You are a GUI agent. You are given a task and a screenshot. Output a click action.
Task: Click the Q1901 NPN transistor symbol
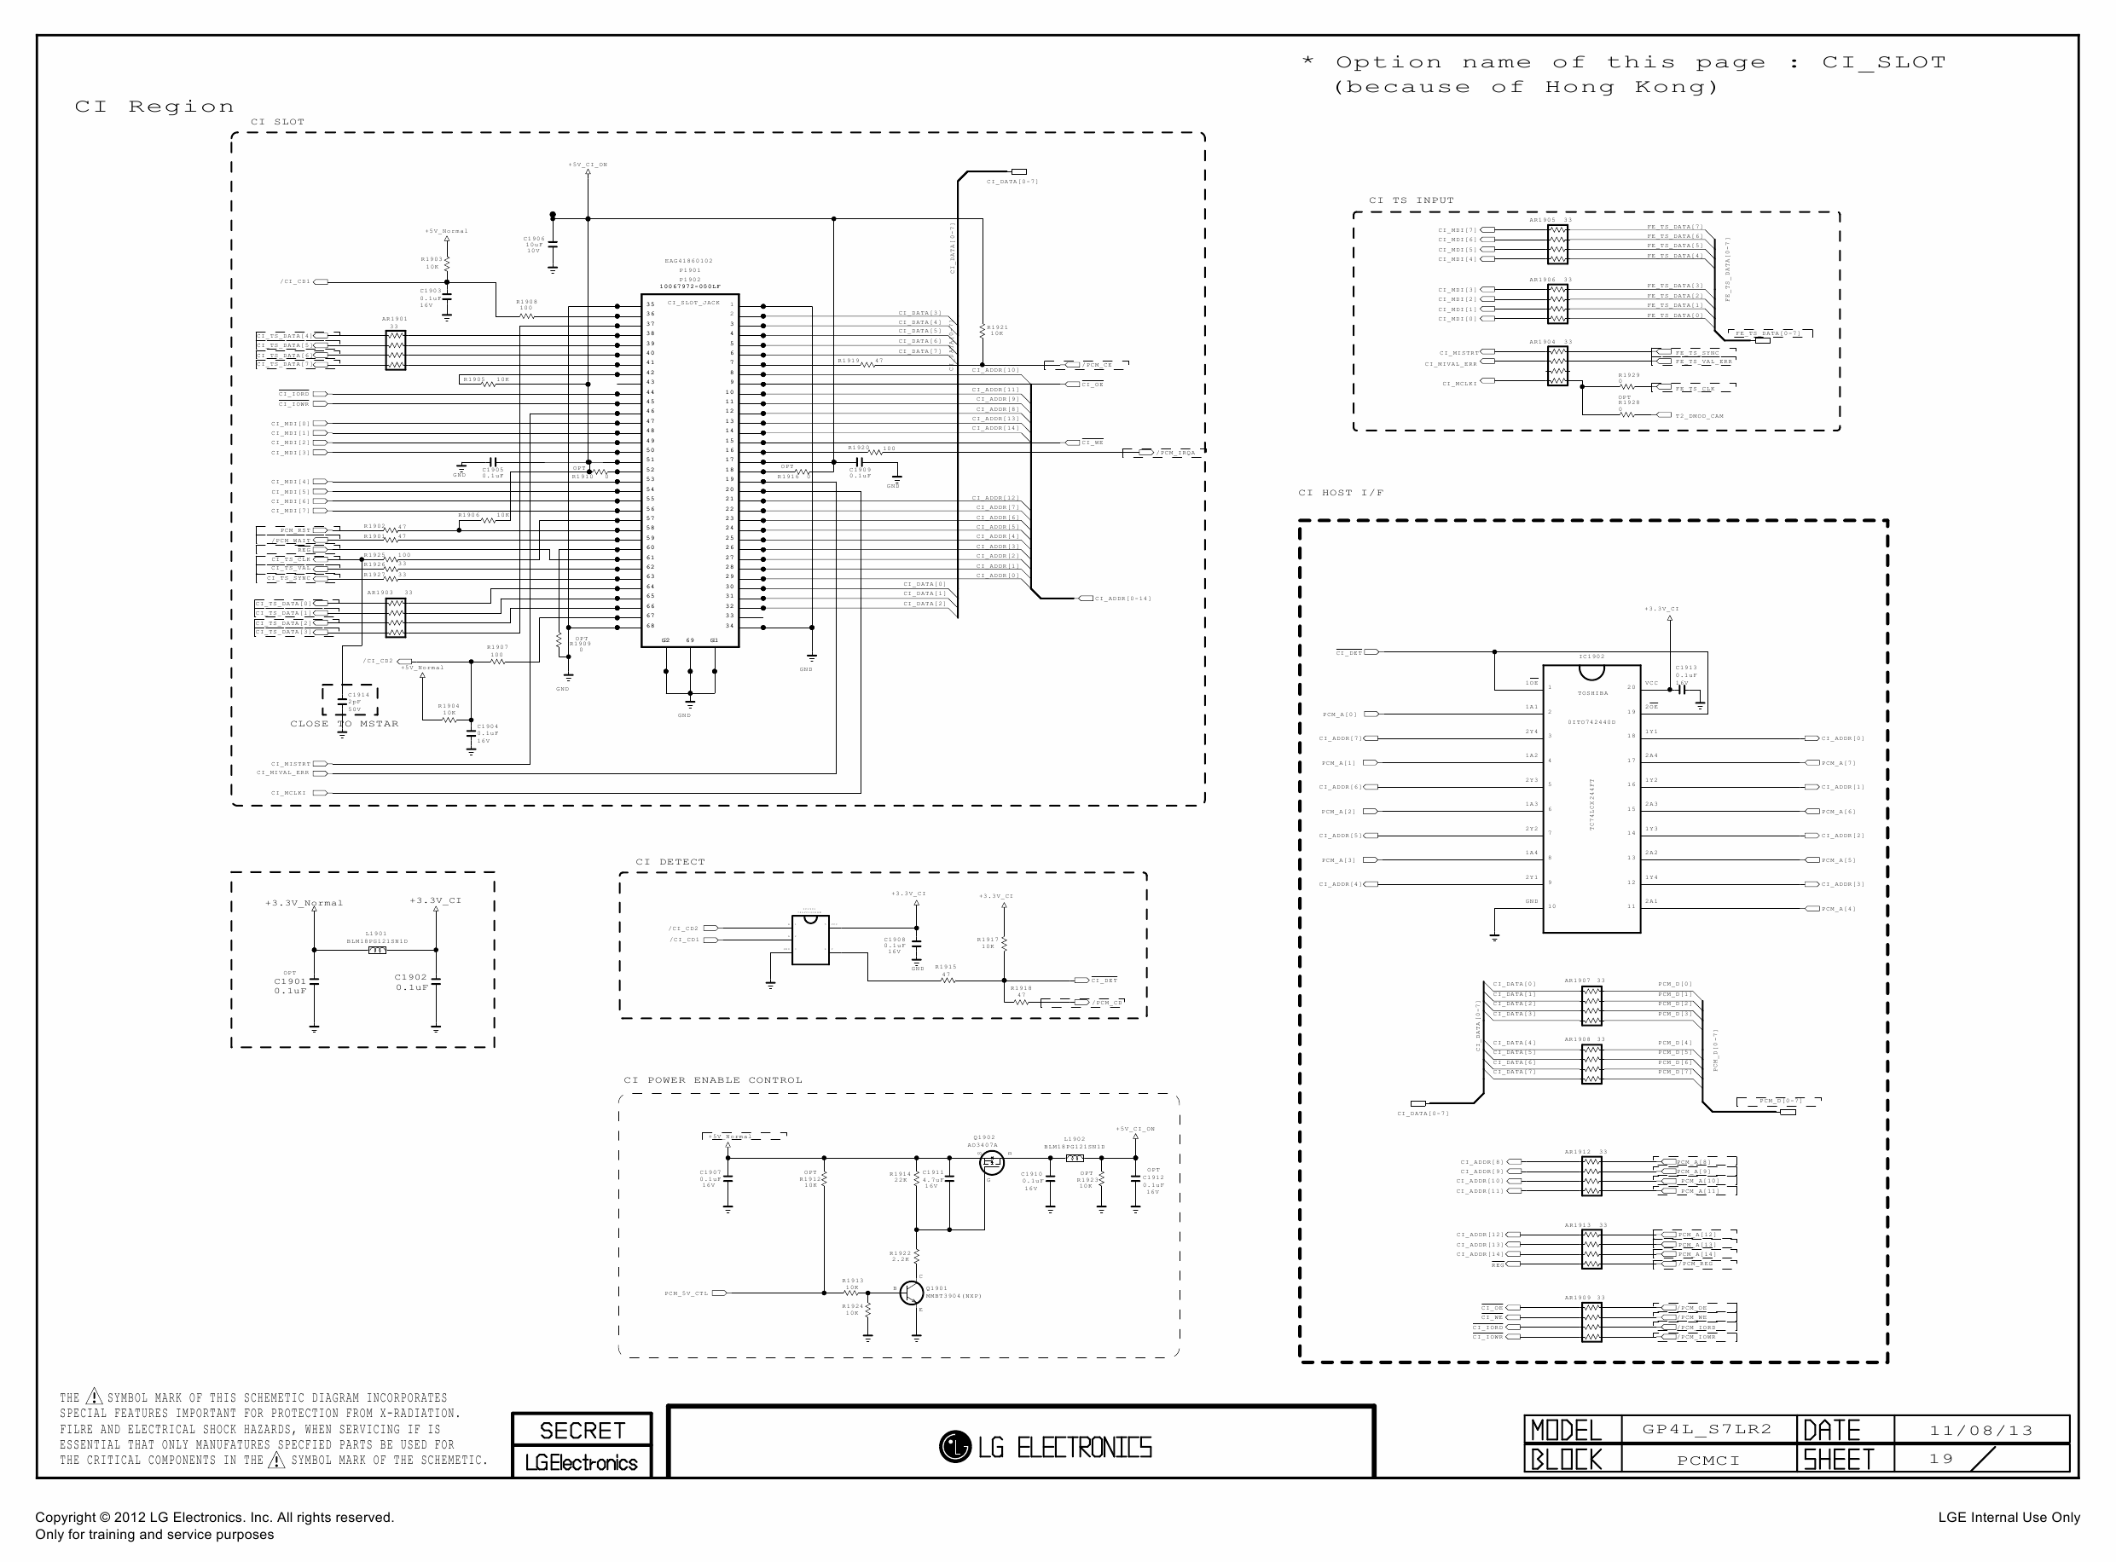[x=911, y=1293]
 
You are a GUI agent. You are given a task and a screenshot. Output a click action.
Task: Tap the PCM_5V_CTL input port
[x=718, y=1293]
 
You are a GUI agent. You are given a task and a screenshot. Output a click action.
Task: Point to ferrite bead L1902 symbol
[x=1075, y=1158]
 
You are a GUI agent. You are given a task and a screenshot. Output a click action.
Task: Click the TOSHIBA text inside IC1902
[x=1592, y=693]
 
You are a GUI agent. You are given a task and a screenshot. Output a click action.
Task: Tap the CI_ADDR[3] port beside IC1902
[x=1812, y=884]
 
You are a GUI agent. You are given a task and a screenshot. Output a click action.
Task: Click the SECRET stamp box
[x=582, y=1430]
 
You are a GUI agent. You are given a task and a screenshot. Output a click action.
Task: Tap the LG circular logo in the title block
[x=954, y=1447]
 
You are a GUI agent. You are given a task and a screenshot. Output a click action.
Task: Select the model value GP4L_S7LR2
[x=1707, y=1429]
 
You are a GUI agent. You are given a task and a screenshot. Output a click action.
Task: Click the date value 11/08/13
[x=1980, y=1431]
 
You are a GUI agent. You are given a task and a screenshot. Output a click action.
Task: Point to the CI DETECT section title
[x=670, y=861]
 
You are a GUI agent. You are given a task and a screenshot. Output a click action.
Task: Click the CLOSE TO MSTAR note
[x=344, y=723]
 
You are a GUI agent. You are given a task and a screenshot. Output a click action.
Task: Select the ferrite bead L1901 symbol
[x=376, y=951]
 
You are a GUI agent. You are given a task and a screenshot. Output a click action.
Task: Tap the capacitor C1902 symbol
[x=436, y=983]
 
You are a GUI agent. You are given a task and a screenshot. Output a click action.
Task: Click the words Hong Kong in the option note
[x=1631, y=87]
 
